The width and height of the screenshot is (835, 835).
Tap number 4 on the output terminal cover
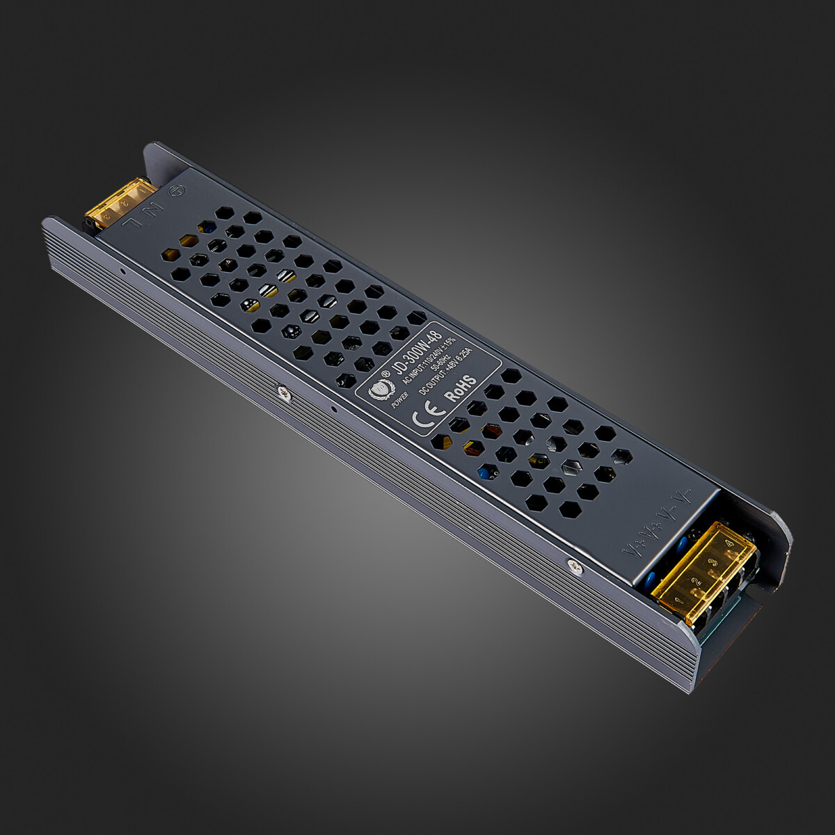(x=728, y=544)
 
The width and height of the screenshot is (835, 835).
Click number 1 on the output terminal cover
(x=678, y=599)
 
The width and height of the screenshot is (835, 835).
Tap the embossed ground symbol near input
(x=178, y=189)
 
